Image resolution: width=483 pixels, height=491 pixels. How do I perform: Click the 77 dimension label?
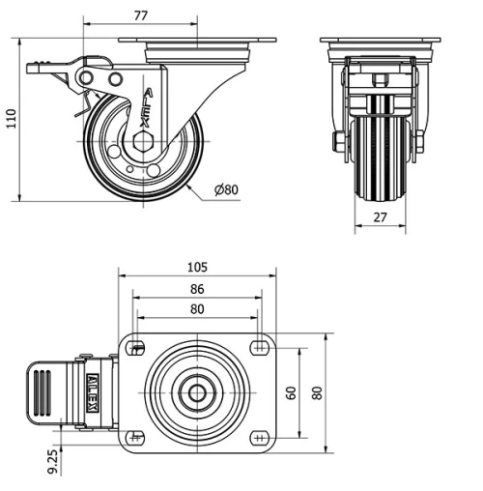(x=140, y=14)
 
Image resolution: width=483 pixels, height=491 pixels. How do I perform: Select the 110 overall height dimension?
(x=12, y=119)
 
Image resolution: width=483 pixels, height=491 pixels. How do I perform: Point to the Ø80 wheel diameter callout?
(x=225, y=189)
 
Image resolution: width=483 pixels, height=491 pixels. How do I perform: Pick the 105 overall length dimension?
(x=198, y=267)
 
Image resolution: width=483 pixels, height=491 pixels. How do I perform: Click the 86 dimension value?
(x=198, y=288)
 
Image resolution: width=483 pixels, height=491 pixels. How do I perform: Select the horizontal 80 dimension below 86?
(x=198, y=309)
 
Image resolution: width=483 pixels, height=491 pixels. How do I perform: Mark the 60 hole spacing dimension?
(x=290, y=392)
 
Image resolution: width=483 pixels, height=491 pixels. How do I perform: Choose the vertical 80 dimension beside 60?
(x=316, y=392)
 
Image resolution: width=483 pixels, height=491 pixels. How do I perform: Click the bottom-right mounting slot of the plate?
(x=258, y=437)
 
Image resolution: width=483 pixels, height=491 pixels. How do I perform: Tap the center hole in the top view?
(x=198, y=392)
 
